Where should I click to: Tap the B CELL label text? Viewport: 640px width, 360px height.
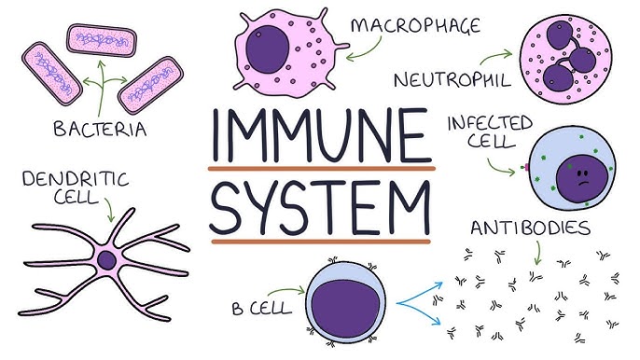click(x=262, y=307)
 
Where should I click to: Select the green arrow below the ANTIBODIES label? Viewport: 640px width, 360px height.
click(x=537, y=253)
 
